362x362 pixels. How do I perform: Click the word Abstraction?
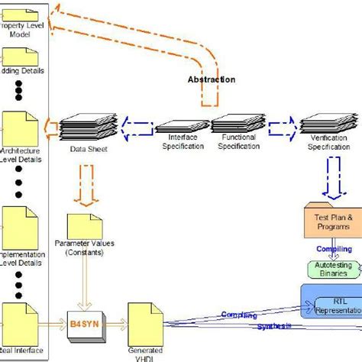212,79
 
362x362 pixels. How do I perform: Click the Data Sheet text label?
86,150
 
